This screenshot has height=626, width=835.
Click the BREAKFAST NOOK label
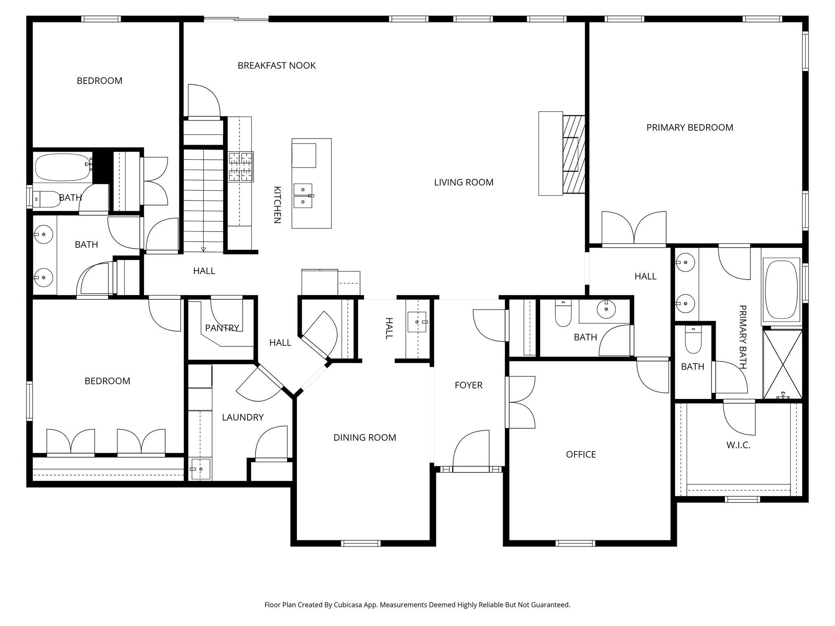pos(276,66)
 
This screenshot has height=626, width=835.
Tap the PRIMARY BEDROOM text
pos(689,128)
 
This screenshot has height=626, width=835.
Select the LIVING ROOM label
pos(464,182)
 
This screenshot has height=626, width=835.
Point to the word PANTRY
pos(222,328)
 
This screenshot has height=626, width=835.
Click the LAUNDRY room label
pos(243,417)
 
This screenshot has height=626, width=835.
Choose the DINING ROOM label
pos(364,438)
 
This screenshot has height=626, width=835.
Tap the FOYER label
pos(468,385)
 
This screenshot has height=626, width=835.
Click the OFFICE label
pos(581,454)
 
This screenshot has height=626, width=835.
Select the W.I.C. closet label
pos(738,445)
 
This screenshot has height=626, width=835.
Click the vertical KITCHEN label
pos(277,205)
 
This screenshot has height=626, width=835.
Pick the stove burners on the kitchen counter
pos(241,166)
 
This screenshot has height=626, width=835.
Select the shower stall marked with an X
pos(782,364)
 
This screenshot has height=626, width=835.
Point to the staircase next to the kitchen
pos(203,200)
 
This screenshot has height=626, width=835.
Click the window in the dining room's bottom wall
pos(360,543)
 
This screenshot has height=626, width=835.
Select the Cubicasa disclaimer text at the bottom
pos(417,605)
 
